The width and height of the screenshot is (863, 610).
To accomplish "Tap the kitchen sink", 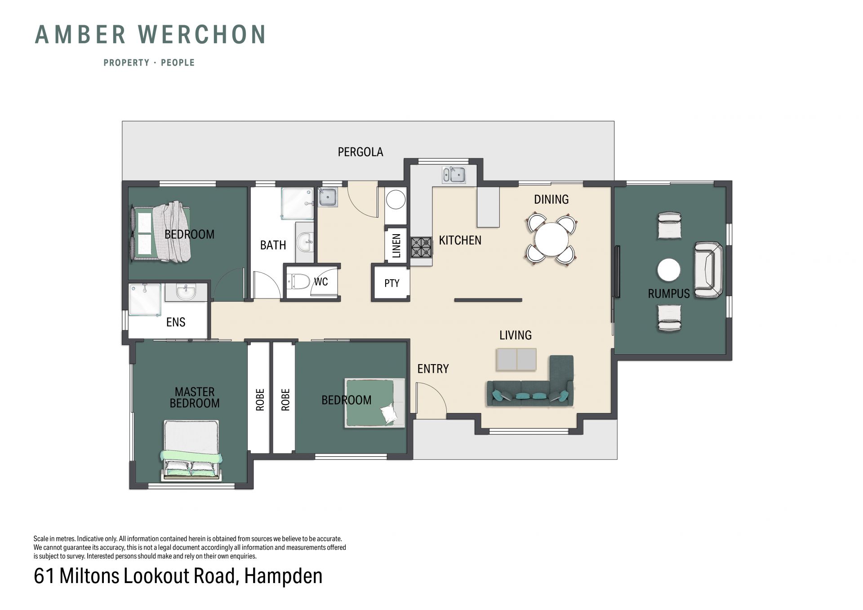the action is click(454, 175).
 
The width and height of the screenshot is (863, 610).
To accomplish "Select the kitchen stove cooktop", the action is click(421, 247).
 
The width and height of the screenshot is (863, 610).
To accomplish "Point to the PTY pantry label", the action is click(391, 283).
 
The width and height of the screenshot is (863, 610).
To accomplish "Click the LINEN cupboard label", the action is click(396, 245).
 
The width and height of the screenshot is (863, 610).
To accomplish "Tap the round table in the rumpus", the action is click(669, 270).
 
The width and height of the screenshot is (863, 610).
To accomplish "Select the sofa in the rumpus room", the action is click(708, 270).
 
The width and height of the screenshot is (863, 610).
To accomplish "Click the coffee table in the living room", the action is click(516, 359).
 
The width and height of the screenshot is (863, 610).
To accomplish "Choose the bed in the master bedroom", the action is click(191, 450).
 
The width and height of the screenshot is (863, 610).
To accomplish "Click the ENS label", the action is click(176, 322).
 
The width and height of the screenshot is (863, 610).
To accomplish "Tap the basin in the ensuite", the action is click(186, 292).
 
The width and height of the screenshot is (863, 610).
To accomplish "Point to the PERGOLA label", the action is click(360, 152).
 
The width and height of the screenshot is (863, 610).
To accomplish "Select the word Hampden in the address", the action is click(283, 576).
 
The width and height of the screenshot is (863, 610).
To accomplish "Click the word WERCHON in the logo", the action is click(202, 35).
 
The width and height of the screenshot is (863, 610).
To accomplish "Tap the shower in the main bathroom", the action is click(297, 204).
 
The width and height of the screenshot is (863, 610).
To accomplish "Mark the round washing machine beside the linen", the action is click(396, 200).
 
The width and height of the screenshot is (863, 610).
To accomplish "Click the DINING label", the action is click(551, 199).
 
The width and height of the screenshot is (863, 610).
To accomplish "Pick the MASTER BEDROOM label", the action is click(195, 397).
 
